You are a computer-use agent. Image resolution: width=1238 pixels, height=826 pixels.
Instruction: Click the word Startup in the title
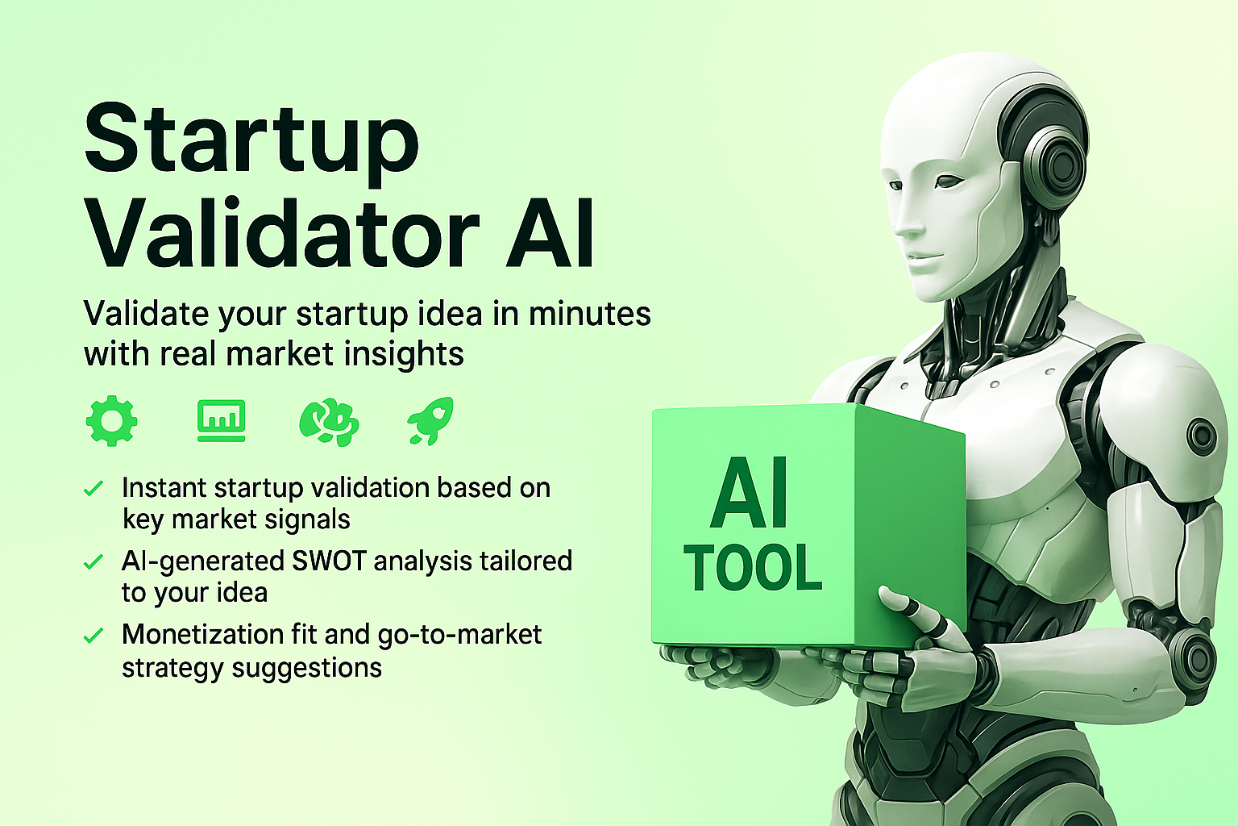point(251,139)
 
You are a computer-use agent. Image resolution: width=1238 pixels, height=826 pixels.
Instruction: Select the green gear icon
point(111,420)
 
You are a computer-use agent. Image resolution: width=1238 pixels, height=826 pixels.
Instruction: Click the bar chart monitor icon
point(221,420)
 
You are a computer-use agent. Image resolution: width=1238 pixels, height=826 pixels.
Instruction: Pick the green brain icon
point(329,421)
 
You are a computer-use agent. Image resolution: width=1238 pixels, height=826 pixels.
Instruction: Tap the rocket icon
point(431,420)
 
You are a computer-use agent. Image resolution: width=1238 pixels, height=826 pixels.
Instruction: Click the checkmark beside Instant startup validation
point(93,489)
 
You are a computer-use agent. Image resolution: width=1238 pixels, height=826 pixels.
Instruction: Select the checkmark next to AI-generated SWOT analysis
point(93,561)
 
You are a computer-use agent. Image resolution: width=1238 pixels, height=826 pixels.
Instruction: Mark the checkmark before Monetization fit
point(93,636)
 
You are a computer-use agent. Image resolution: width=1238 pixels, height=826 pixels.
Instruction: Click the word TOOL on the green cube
point(753,568)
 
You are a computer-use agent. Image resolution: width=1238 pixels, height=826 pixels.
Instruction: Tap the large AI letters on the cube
point(750,494)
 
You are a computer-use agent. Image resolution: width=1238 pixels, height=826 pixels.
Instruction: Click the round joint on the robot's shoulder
point(1202,436)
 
